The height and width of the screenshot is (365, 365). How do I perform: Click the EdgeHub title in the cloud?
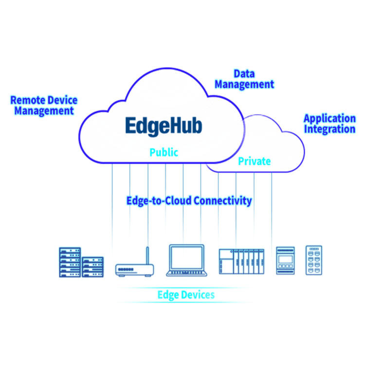[164, 126]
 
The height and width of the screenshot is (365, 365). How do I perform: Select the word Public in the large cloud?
[164, 152]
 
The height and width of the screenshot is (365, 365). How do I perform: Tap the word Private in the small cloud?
[255, 161]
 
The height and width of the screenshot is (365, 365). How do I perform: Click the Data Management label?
[244, 79]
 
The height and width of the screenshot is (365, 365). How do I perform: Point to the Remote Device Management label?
[44, 106]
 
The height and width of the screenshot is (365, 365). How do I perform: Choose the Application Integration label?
[330, 124]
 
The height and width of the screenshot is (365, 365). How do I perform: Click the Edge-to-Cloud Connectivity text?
[189, 201]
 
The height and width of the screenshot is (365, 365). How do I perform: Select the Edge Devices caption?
[186, 295]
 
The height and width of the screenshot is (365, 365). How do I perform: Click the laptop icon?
[186, 260]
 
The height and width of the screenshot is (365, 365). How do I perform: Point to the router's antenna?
[147, 255]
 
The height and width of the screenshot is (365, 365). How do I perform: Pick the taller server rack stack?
[70, 262]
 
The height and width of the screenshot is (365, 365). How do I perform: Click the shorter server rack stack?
[92, 267]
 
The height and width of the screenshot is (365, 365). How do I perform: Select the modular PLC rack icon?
[241, 261]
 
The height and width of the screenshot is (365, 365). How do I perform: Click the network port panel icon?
[314, 260]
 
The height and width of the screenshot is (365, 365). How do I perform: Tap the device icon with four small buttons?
[285, 260]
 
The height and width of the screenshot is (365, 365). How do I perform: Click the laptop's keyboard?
[186, 273]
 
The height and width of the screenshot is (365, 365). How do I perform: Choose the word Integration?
[330, 129]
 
